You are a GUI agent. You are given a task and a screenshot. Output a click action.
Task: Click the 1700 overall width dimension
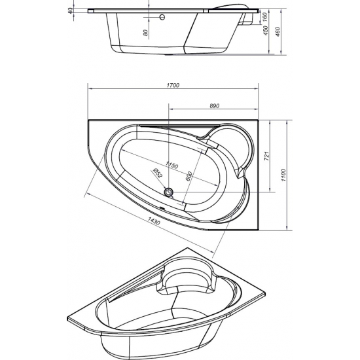pyautogui.click(x=173, y=85)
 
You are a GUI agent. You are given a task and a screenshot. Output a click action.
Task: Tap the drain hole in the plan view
pyautogui.click(x=170, y=192)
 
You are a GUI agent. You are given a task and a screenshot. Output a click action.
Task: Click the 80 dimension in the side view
pyautogui.click(x=146, y=30)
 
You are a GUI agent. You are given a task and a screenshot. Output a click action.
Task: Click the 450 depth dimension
pyautogui.click(x=265, y=35)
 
